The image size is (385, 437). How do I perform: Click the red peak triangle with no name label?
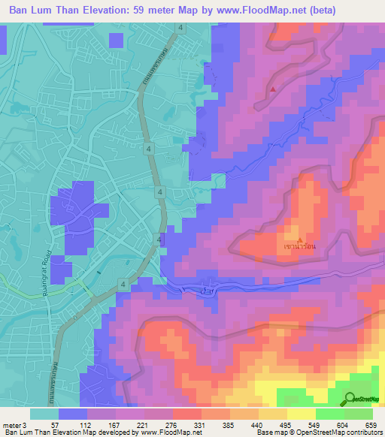click(272, 90)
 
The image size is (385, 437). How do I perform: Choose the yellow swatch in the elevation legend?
click(300, 414)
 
